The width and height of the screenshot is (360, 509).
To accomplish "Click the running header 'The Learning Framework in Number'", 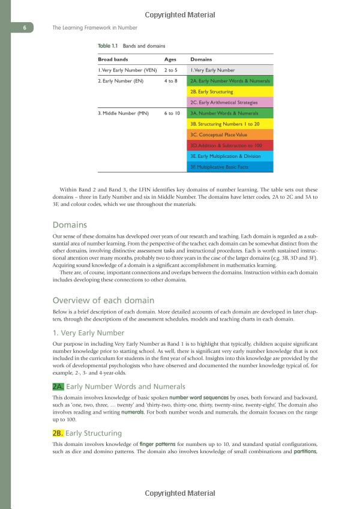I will pos(95,28).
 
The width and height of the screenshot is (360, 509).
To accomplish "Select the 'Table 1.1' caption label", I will pos(108,46).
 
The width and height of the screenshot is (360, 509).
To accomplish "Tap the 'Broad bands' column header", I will pos(113,60).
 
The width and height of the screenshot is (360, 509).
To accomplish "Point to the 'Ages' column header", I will pos(170,60).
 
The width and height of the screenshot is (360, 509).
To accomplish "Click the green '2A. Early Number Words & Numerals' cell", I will pos(230,81).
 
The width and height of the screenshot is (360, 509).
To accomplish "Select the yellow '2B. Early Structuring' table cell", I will pos(230,92).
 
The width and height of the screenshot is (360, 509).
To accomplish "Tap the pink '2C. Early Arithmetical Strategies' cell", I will pos(230,103).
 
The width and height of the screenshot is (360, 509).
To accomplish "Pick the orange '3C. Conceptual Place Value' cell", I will pos(230,134).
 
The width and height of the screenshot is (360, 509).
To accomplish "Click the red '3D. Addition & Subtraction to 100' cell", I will pos(230,145).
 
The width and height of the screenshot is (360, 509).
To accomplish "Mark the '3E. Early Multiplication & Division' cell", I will pos(230,156).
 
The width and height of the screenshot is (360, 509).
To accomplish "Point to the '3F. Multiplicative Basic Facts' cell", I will pos(230,166).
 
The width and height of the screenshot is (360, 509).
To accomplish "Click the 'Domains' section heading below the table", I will pos(70,225).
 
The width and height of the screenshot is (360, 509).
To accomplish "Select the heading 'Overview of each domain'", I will pos(103,300).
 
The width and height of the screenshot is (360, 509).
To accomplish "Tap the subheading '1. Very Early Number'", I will pos(89,333).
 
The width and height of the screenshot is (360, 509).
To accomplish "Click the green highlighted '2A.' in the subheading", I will pos(58,387).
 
